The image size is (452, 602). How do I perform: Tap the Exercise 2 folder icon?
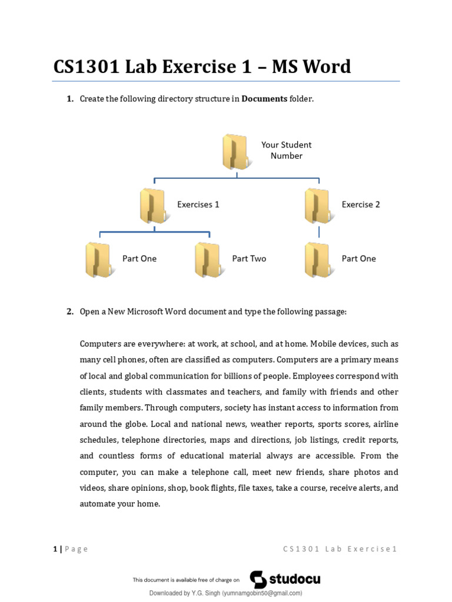[317, 206]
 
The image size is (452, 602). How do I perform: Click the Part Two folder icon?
[207, 260]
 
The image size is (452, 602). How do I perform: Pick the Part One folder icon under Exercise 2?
[317, 260]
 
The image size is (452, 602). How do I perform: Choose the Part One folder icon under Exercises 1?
[98, 260]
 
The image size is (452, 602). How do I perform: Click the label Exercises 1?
[198, 205]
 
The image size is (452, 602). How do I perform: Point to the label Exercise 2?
[361, 205]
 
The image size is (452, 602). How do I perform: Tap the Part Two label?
[249, 259]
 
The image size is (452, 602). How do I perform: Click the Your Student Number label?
[286, 150]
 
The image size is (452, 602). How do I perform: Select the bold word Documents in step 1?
[264, 99]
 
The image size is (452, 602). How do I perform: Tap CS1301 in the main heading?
[87, 66]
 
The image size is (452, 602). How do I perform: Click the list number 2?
[69, 312]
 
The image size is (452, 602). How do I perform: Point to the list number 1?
[69, 99]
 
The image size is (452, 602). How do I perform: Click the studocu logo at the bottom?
[285, 579]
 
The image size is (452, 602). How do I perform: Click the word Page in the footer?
[77, 549]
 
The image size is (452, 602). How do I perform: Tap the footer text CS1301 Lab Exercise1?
[340, 549]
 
